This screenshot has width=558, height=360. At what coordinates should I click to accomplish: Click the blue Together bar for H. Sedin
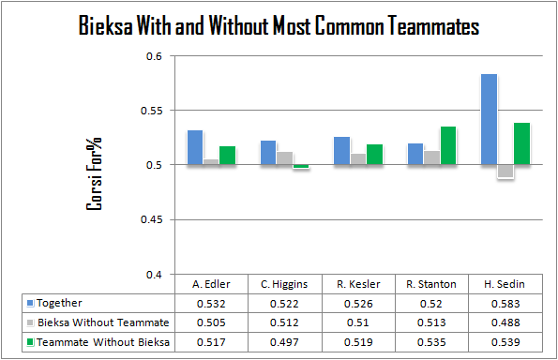[x=489, y=119]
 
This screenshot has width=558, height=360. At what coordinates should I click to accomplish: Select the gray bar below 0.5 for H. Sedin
[x=505, y=171]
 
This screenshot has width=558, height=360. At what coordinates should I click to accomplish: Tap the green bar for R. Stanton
[x=448, y=145]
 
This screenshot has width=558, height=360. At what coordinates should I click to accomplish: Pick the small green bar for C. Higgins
[x=301, y=166]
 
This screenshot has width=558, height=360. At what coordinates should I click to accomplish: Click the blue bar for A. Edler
[x=195, y=147]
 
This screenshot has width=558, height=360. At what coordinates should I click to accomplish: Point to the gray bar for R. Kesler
[x=358, y=159]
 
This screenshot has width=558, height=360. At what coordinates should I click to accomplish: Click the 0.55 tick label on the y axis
[x=151, y=111]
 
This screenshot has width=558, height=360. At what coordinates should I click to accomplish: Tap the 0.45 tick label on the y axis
[x=151, y=219]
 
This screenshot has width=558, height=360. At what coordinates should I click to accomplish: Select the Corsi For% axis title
[x=94, y=173]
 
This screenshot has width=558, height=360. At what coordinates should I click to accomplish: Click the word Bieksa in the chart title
[x=105, y=25]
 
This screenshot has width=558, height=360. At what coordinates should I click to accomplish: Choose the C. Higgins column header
[x=284, y=284]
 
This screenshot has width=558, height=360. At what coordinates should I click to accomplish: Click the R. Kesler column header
[x=358, y=284]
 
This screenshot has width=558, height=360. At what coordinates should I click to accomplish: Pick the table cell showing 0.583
[x=505, y=304]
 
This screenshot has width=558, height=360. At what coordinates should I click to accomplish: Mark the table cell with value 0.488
[x=505, y=322]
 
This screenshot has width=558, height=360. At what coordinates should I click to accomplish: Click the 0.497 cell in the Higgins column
[x=284, y=342]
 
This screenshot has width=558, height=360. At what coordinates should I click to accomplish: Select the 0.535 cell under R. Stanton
[x=431, y=342]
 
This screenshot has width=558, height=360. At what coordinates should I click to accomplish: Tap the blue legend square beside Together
[x=30, y=303]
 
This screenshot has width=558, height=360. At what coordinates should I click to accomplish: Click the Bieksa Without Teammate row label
[x=103, y=322]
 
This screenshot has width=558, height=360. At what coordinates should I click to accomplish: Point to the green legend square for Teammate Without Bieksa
[x=30, y=342]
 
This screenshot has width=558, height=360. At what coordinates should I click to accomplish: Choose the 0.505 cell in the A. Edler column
[x=211, y=322]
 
